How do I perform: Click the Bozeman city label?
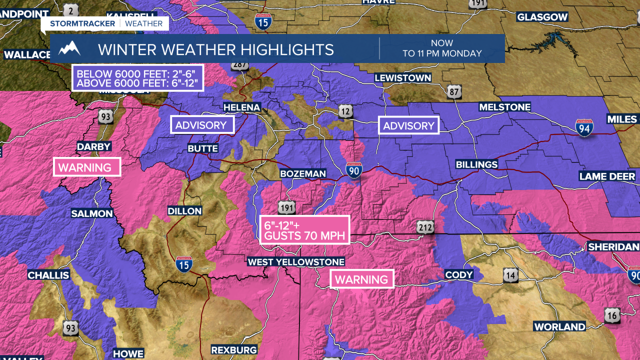pyautogui.click(x=303, y=173)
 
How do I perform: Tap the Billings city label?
pyautogui.click(x=476, y=164)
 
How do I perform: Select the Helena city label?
pyautogui.click(x=242, y=107)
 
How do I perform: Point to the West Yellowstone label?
pyautogui.click(x=296, y=262)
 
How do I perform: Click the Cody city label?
pyautogui.click(x=459, y=274)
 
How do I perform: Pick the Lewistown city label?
pyautogui.click(x=402, y=78)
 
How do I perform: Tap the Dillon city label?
pyautogui.click(x=184, y=210)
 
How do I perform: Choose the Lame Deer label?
pyautogui.click(x=607, y=176)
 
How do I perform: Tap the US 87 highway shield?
pyautogui.click(x=454, y=91)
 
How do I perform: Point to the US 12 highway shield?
pyautogui.click(x=345, y=111)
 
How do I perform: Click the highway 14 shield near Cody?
pyautogui.click(x=510, y=274)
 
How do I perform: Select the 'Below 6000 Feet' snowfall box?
pyautogui.click(x=138, y=77)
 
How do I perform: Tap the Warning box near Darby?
pyautogui.click(x=87, y=167)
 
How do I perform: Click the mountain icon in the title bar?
pyautogui.click(x=69, y=48)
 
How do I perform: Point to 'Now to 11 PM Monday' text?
pyautogui.click(x=442, y=48)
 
